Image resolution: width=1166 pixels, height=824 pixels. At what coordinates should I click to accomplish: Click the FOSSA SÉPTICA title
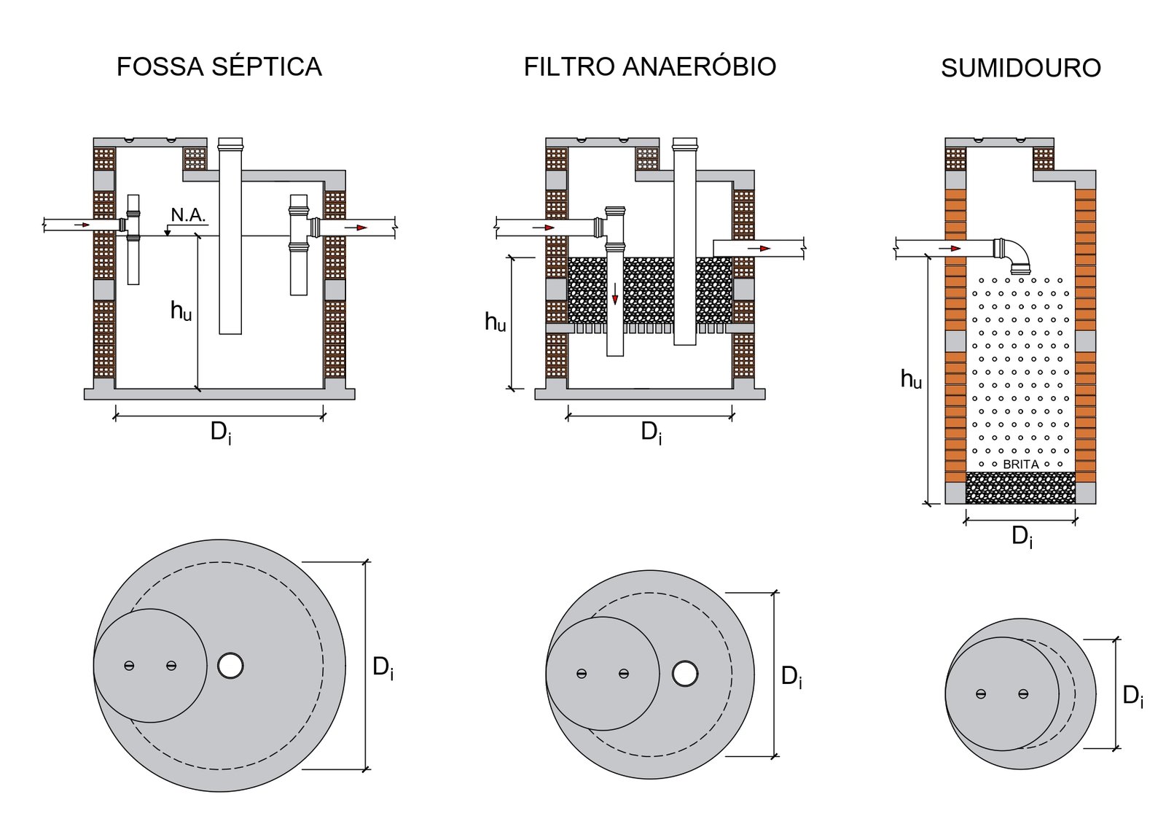[x=219, y=67]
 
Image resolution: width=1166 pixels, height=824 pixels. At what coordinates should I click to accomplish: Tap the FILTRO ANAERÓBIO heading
[x=649, y=67]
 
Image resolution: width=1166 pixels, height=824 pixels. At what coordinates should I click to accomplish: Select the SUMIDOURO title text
[x=1020, y=69]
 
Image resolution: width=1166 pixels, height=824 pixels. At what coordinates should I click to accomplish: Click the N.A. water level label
[x=188, y=215]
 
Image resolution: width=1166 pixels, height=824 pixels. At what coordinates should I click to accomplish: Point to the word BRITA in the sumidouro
[x=1020, y=465]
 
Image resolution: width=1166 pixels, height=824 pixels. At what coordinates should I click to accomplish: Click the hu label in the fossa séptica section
[x=181, y=311]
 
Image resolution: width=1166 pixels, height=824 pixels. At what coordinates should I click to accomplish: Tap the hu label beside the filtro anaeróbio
[x=496, y=322]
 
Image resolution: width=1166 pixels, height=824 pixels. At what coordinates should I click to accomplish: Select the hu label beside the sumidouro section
[x=911, y=379]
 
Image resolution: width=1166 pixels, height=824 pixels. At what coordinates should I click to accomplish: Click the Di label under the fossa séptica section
[x=221, y=432]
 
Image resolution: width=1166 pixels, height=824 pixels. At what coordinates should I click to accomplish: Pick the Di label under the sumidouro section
[x=1022, y=537]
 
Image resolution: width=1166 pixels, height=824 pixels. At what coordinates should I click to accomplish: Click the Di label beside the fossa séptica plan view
[x=383, y=667]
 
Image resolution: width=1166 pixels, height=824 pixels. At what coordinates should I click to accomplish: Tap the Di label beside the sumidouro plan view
[x=1132, y=696]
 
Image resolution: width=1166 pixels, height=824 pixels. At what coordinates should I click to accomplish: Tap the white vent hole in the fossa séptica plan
[x=230, y=666]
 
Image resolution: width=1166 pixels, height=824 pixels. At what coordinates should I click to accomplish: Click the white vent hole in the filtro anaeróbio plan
[x=684, y=674]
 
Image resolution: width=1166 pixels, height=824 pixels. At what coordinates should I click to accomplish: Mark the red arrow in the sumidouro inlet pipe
[x=950, y=249]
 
